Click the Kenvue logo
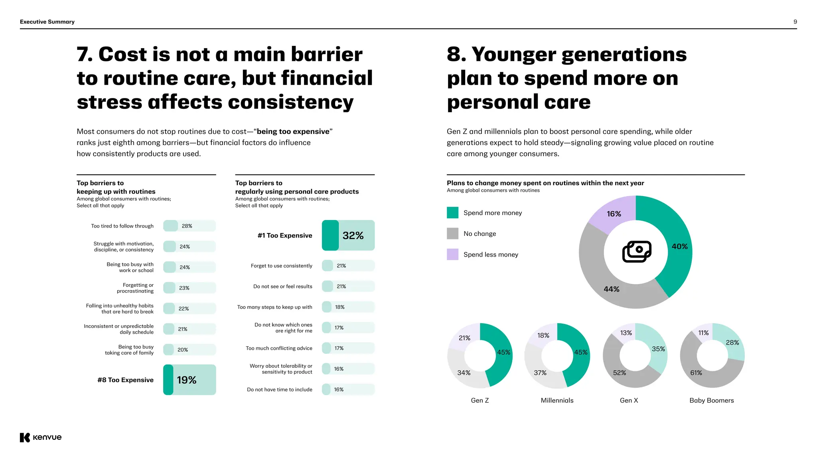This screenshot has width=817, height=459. point(41,437)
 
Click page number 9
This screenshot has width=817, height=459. point(795,22)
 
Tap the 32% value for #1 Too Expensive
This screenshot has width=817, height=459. point(353,235)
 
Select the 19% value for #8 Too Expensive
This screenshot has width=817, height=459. point(187,380)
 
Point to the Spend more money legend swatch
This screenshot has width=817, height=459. point(452,213)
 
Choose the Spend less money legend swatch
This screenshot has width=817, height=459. point(452,254)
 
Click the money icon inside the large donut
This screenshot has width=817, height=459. point(637,252)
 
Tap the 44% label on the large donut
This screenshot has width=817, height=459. point(611,289)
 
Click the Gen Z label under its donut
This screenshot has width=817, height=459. point(480,400)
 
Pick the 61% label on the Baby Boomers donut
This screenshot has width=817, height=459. point(696,373)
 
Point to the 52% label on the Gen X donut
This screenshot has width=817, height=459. point(620,373)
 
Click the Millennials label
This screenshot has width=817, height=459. point(557,400)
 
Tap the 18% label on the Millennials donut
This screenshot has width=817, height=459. point(543,335)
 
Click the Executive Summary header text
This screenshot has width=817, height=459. point(47,22)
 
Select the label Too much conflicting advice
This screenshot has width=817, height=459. point(279,348)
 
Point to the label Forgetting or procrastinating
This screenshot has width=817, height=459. point(136,288)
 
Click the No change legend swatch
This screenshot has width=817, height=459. point(452,233)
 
